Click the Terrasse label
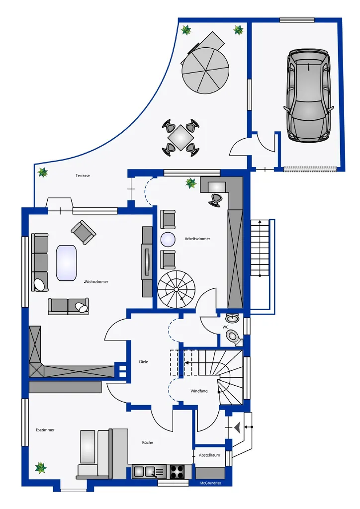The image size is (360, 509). click(x=83, y=175)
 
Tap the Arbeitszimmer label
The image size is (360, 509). click(x=197, y=239)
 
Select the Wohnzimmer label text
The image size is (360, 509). click(x=96, y=282)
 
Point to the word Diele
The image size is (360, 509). click(x=144, y=362)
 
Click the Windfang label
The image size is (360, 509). click(x=199, y=391)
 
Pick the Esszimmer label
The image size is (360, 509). click(x=45, y=430)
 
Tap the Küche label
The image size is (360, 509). click(x=147, y=442)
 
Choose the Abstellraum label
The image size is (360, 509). click(x=209, y=455)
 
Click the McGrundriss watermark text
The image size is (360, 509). click(x=210, y=483)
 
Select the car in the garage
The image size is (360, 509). click(x=309, y=95)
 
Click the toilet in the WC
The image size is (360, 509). click(x=234, y=337)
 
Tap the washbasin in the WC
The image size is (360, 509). click(x=232, y=318)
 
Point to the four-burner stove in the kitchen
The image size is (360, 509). click(x=177, y=472)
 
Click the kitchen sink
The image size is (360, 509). click(x=149, y=471)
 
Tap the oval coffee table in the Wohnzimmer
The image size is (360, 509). click(x=67, y=262)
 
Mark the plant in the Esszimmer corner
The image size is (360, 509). click(x=41, y=468)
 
